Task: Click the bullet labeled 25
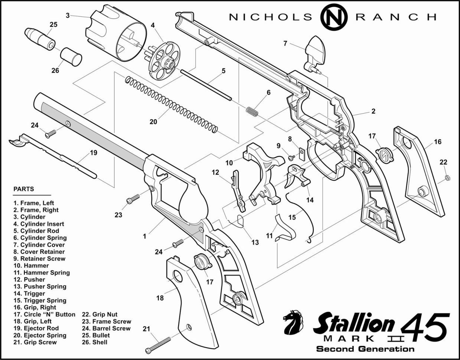pos(40,39)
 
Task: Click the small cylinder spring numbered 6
pos(252,111)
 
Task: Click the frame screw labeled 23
pos(133,199)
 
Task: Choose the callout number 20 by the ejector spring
pos(153,122)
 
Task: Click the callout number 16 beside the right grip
pos(438,141)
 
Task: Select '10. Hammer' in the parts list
pos(31,265)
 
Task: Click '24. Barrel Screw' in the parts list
pos(106,328)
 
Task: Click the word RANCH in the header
pos(396,17)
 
